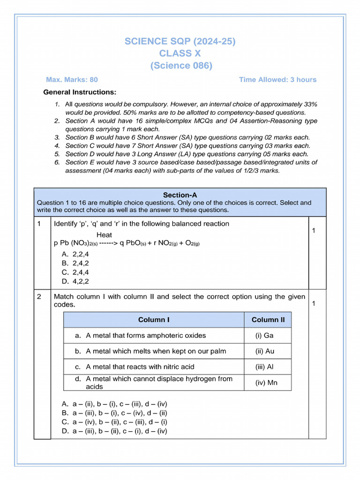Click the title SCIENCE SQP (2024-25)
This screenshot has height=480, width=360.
(180, 42)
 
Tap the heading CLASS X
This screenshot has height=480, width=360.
(180, 54)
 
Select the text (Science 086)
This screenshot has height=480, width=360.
(181, 66)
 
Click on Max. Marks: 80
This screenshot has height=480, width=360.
(72, 80)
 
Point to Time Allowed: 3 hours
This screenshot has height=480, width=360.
(277, 80)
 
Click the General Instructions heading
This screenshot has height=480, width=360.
(80, 92)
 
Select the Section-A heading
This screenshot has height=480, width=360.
(180, 195)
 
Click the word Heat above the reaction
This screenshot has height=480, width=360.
(104, 234)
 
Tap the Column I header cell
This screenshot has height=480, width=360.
(154, 320)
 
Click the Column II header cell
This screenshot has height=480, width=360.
(268, 320)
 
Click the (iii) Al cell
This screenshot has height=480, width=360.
(264, 367)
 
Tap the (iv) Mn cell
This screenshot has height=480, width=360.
(266, 383)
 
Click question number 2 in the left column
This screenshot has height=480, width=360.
(39, 297)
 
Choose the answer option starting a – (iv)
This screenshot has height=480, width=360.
(114, 422)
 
